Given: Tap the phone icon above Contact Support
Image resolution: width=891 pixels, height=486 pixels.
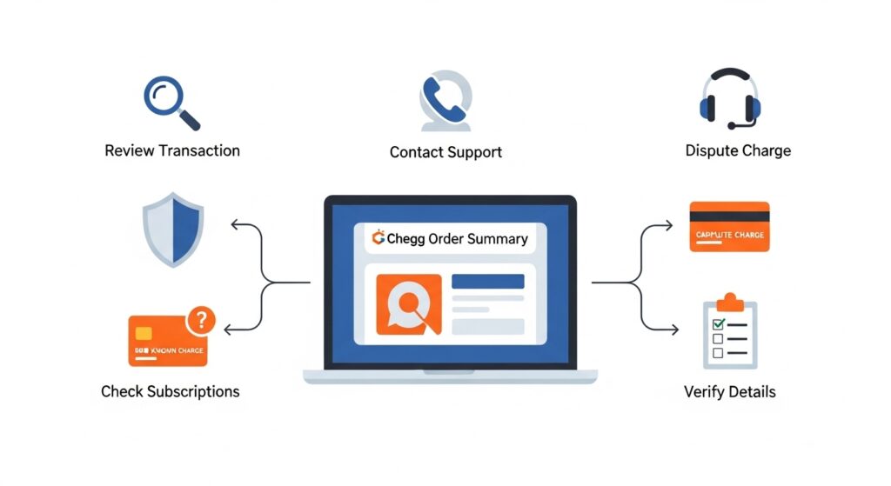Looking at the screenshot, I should pyautogui.click(x=445, y=100).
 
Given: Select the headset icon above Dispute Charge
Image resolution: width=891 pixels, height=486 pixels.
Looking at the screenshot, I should pyautogui.click(x=730, y=97).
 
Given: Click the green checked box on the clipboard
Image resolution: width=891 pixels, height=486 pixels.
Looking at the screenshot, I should pyautogui.click(x=718, y=324).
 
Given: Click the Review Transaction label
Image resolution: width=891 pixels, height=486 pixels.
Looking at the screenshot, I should pyautogui.click(x=172, y=150).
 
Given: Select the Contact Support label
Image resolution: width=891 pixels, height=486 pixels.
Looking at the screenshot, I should pyautogui.click(x=445, y=152).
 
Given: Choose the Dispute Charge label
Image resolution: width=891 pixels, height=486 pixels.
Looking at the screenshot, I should pyautogui.click(x=738, y=150).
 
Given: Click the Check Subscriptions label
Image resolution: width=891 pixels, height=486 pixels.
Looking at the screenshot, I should pyautogui.click(x=171, y=391).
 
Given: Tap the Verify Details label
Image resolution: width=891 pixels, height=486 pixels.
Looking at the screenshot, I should pyautogui.click(x=729, y=391).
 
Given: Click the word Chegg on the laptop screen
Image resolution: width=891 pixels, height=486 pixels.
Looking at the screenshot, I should pyautogui.click(x=405, y=238).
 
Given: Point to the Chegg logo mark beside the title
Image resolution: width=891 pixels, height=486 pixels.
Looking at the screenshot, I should pyautogui.click(x=378, y=237).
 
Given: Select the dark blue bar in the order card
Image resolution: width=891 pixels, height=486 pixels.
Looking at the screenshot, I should pyautogui.click(x=487, y=281).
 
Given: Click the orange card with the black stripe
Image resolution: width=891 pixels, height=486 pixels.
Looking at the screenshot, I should pyautogui.click(x=729, y=226).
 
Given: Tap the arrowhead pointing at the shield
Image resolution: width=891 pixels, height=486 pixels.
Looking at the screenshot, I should pyautogui.click(x=234, y=225).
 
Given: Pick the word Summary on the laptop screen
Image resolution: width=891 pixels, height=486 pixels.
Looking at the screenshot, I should pyautogui.click(x=497, y=238).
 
